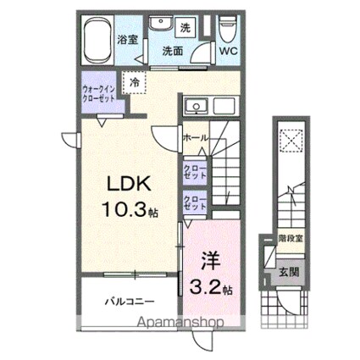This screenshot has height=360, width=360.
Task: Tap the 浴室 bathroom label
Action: point(128,39)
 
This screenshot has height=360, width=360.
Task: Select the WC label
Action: point(229,51)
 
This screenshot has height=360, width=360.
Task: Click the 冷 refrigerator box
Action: point(134,81)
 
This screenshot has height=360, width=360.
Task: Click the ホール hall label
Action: point(194,137)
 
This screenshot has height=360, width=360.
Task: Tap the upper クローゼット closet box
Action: point(195,171)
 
